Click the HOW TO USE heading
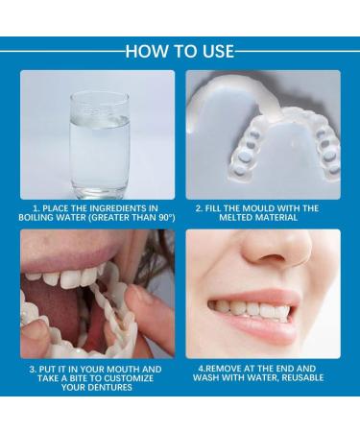click(x=180, y=52)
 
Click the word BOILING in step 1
click(x=43, y=217)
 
